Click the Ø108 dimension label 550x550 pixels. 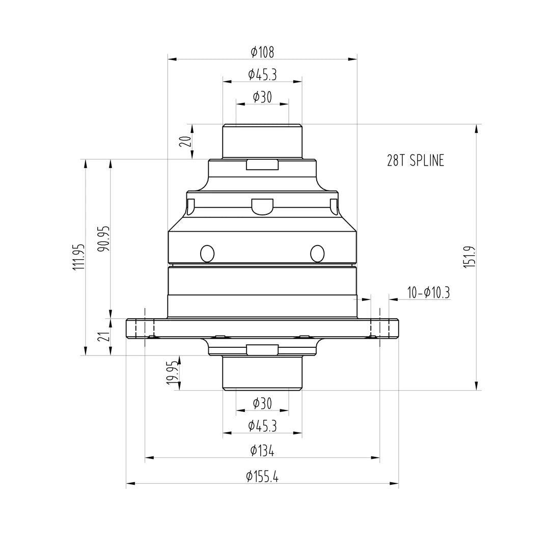pos(262,52)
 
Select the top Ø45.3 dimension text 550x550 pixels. pos(262,75)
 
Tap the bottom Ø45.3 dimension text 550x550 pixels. pos(262,426)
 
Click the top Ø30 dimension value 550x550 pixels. pos(262,97)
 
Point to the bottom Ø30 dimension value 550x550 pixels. pos(262,404)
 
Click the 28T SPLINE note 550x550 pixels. pos(416,160)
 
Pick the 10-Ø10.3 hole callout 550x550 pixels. pos(428,293)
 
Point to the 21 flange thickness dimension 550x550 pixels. pos(104,337)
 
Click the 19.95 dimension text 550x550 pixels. pos(173,373)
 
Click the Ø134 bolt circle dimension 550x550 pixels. pos(262,451)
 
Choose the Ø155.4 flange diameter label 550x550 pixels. pos(262,477)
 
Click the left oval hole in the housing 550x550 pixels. pos(207,253)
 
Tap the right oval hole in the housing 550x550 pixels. pos(317,253)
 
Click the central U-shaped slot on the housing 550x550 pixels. pos(262,206)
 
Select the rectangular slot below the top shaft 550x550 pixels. pos(262,164)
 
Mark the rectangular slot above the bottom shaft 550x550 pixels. pos(262,349)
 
